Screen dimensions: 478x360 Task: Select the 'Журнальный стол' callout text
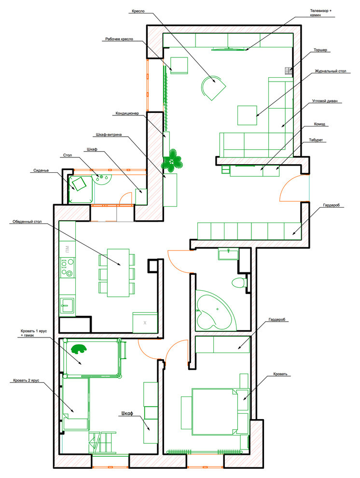(331, 71)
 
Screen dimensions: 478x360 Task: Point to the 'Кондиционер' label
(127, 114)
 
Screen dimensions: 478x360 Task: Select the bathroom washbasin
(227, 253)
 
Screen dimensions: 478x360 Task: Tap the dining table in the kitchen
(118, 272)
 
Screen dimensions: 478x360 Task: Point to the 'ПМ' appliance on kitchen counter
(66, 249)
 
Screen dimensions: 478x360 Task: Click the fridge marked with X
(145, 322)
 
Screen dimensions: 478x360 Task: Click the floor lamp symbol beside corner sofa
(289, 71)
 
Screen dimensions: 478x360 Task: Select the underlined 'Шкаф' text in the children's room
(127, 414)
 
